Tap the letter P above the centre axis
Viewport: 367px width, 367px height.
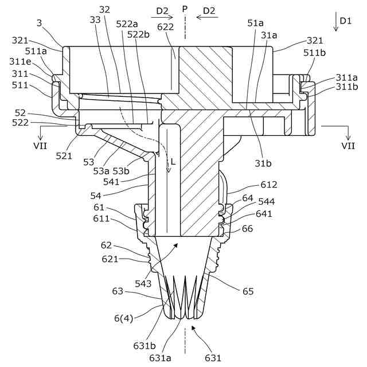pos(185,10)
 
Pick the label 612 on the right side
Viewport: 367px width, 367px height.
pos(268,184)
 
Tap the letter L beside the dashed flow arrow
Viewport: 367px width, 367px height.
pos(173,162)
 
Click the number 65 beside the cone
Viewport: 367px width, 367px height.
pos(248,291)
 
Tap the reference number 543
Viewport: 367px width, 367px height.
pos(144,284)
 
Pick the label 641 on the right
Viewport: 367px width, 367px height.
pos(264,214)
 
